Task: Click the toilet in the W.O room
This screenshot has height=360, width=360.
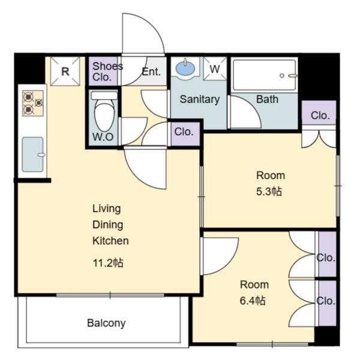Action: pos(104,111)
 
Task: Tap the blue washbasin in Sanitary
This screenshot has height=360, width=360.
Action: pos(185,68)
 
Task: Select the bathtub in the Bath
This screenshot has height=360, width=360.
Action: pos(265,75)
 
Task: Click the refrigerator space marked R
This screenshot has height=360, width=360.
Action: pos(65,71)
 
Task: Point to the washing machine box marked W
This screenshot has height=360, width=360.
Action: pos(215,68)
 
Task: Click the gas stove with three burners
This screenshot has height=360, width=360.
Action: pos(33,103)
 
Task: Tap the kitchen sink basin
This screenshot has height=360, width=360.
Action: pos(33,154)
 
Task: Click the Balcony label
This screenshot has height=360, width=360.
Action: pos(106,323)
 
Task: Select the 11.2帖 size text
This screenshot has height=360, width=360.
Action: pos(108,263)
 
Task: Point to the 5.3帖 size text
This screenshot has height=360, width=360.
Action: pos(269,191)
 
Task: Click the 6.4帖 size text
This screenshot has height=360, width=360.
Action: pos(253,301)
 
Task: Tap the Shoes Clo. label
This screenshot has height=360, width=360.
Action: pos(107,71)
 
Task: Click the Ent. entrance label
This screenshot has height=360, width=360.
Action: pos(151,72)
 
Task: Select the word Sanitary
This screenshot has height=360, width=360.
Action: pos(200,100)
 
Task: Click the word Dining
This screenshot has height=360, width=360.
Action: pos(107,225)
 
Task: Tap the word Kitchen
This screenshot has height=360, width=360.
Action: pos(110,241)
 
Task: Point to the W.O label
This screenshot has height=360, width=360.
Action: pos(103,137)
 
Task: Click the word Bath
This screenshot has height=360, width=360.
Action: pos(267,99)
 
